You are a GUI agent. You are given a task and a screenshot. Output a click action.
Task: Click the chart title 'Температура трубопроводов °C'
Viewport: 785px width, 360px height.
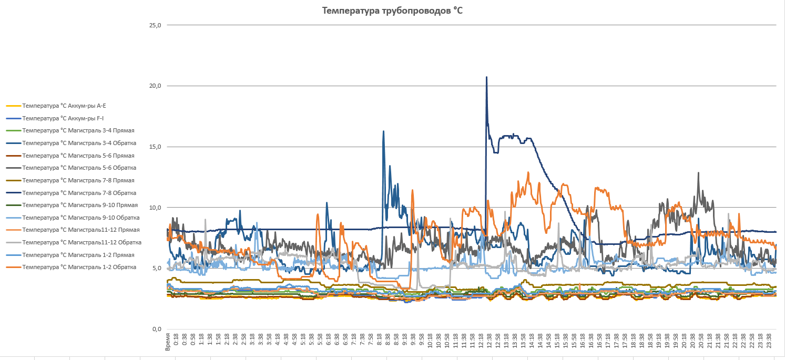(393, 10)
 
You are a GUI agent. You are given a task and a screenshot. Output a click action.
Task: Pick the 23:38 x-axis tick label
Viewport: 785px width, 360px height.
(769, 340)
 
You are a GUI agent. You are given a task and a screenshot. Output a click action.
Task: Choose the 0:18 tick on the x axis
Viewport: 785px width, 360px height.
(176, 340)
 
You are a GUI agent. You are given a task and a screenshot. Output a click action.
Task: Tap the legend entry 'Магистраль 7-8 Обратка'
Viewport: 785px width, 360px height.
(79, 193)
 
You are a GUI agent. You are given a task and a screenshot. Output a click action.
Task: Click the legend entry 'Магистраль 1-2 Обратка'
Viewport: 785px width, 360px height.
(79, 267)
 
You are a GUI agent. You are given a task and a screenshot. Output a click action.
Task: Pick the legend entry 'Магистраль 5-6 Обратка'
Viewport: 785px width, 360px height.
(79, 168)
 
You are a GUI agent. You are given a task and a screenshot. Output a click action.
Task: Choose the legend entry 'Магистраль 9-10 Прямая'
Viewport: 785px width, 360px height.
(80, 205)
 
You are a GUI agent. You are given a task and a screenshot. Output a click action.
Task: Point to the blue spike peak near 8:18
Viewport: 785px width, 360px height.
(383, 131)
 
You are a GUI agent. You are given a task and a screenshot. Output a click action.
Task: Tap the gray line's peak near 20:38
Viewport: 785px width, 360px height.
(698, 173)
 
